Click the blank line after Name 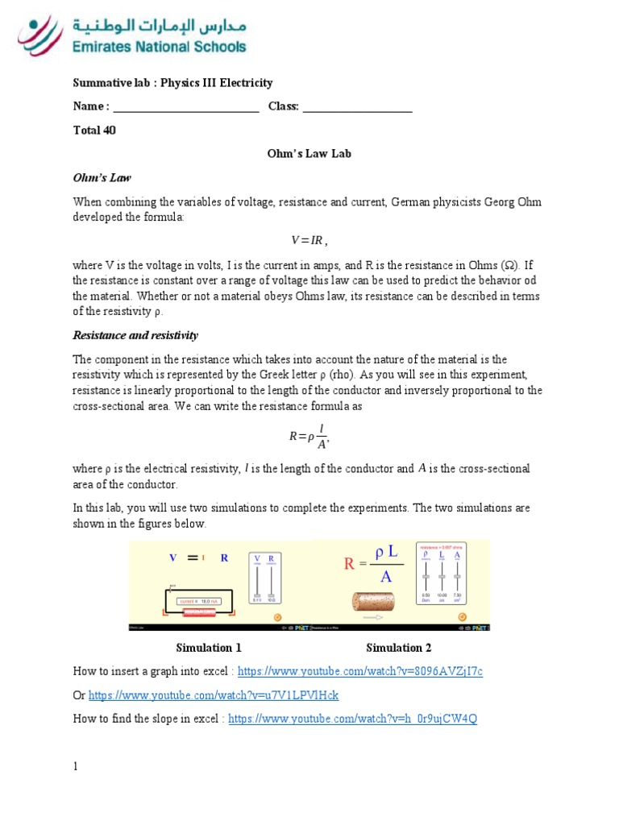click(185, 107)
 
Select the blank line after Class click(357, 107)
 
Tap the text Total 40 click(94, 131)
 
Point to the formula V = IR click(309, 241)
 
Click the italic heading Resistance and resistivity click(135, 335)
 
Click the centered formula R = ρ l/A click(309, 437)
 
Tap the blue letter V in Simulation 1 click(172, 558)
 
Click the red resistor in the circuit click(200, 611)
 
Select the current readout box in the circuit click(199, 600)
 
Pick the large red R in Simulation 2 click(350, 564)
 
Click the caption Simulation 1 click(209, 648)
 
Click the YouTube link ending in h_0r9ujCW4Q click(352, 719)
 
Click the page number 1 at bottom click(76, 767)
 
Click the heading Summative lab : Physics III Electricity click(172, 83)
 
